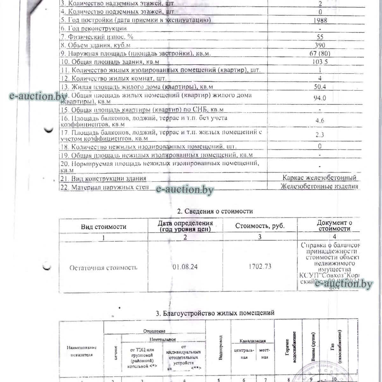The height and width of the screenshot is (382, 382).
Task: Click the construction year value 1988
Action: click(x=320, y=20)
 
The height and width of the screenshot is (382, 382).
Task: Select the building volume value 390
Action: click(x=320, y=45)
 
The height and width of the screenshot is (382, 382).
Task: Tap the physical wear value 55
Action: click(x=320, y=37)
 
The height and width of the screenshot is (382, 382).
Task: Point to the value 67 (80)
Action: click(x=320, y=53)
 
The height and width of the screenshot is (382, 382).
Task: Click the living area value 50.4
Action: click(x=320, y=87)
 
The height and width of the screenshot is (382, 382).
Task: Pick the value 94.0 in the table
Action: click(x=320, y=98)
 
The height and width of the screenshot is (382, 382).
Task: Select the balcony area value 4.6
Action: click(x=320, y=121)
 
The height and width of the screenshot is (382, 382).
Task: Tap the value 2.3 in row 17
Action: click(x=320, y=135)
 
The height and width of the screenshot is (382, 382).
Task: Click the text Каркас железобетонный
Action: click(x=319, y=178)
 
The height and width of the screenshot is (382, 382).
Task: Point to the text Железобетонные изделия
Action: click(x=319, y=186)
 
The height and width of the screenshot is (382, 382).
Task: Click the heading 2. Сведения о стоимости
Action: click(x=215, y=211)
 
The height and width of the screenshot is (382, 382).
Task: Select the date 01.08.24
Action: click(x=185, y=267)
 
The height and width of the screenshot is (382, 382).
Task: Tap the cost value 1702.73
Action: click(x=260, y=266)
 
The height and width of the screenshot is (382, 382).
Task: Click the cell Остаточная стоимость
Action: click(x=103, y=268)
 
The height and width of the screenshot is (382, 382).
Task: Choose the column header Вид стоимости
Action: click(x=103, y=227)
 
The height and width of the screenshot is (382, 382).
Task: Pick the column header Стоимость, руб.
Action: click(x=260, y=226)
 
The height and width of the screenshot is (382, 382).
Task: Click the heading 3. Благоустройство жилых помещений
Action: click(x=215, y=313)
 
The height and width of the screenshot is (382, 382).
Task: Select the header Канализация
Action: click(x=252, y=341)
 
